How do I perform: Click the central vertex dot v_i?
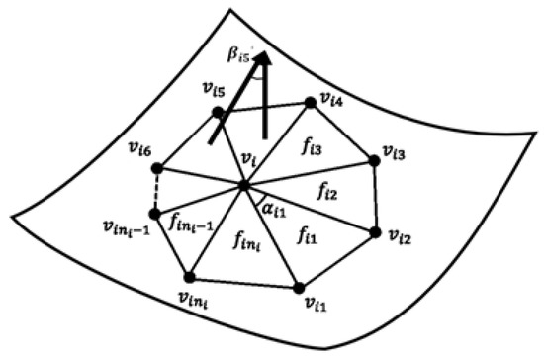click(x=243, y=184)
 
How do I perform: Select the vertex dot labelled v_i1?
click(x=298, y=288)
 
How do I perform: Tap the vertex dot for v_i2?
click(x=375, y=231)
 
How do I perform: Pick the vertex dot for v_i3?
click(x=375, y=159)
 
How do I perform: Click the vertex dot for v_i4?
click(x=309, y=101)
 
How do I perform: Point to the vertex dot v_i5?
click(x=217, y=114)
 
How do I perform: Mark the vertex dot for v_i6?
click(x=162, y=164)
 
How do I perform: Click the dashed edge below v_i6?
click(x=156, y=190)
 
